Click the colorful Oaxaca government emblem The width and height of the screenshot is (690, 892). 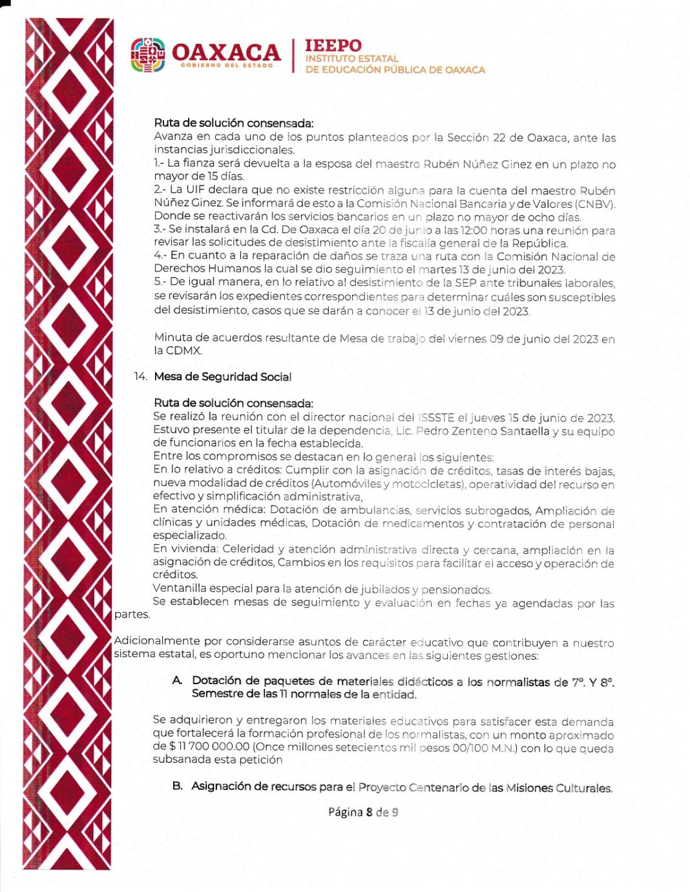pyautogui.click(x=148, y=55)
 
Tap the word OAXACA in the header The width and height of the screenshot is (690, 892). pyautogui.click(x=226, y=52)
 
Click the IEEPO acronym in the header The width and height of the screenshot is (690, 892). pyautogui.click(x=333, y=46)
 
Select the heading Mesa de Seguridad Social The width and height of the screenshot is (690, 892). pyautogui.click(x=222, y=377)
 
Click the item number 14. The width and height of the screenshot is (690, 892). pyautogui.click(x=140, y=377)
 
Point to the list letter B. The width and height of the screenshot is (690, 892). pyautogui.click(x=177, y=786)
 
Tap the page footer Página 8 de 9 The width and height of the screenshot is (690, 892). pyautogui.click(x=362, y=812)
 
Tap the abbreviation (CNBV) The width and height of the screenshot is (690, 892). pyautogui.click(x=594, y=204)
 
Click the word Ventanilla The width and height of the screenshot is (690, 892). pyautogui.click(x=178, y=589)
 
